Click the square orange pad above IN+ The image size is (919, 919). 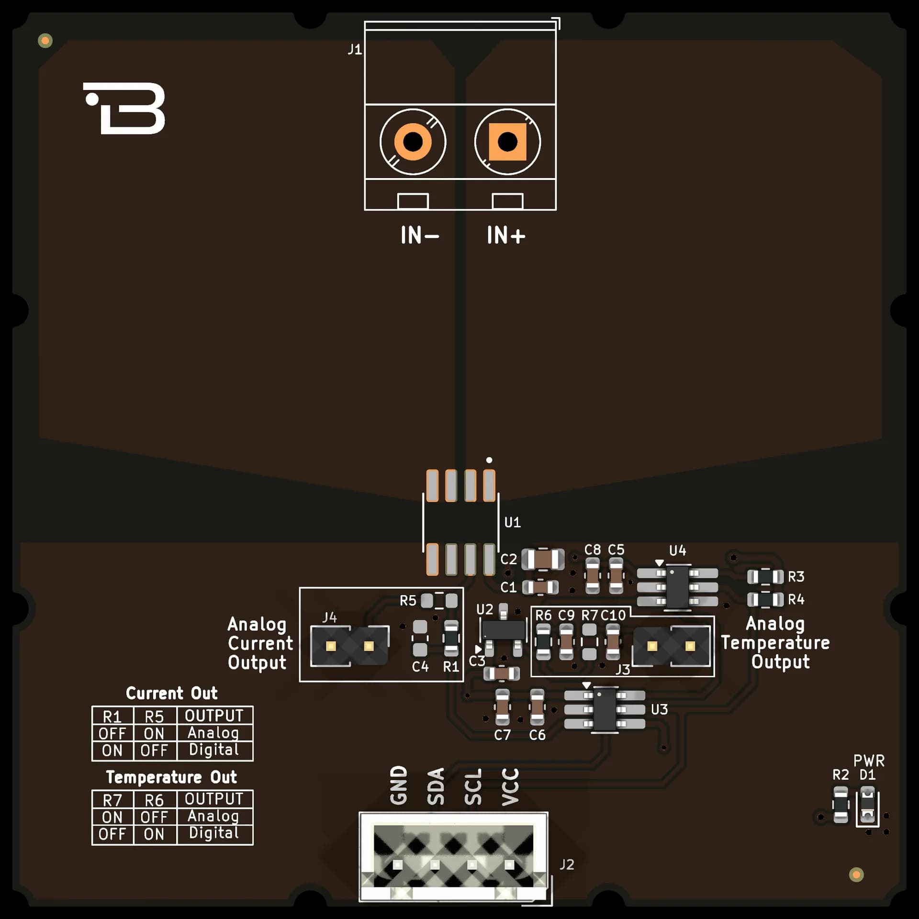[x=507, y=142]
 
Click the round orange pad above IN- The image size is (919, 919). [x=413, y=142]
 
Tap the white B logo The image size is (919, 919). [x=124, y=108]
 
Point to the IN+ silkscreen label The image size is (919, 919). [x=506, y=235]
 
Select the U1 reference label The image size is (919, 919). [x=512, y=522]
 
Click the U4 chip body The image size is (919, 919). [x=677, y=587]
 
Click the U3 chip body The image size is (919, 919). [x=605, y=709]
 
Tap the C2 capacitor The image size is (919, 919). [x=543, y=559]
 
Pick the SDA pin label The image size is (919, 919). [x=436, y=787]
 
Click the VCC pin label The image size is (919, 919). [x=510, y=787]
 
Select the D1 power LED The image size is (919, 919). [x=867, y=805]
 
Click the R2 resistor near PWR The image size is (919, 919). [x=841, y=805]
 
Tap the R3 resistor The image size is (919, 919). [x=765, y=577]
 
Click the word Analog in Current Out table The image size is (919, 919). [x=213, y=733]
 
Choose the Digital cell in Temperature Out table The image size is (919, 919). [x=214, y=833]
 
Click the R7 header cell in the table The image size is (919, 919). [x=112, y=800]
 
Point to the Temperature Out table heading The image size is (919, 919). [x=171, y=777]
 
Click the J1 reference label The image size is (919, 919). [x=355, y=49]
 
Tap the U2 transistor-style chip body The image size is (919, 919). [x=503, y=630]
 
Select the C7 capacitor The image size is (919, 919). [x=502, y=707]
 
